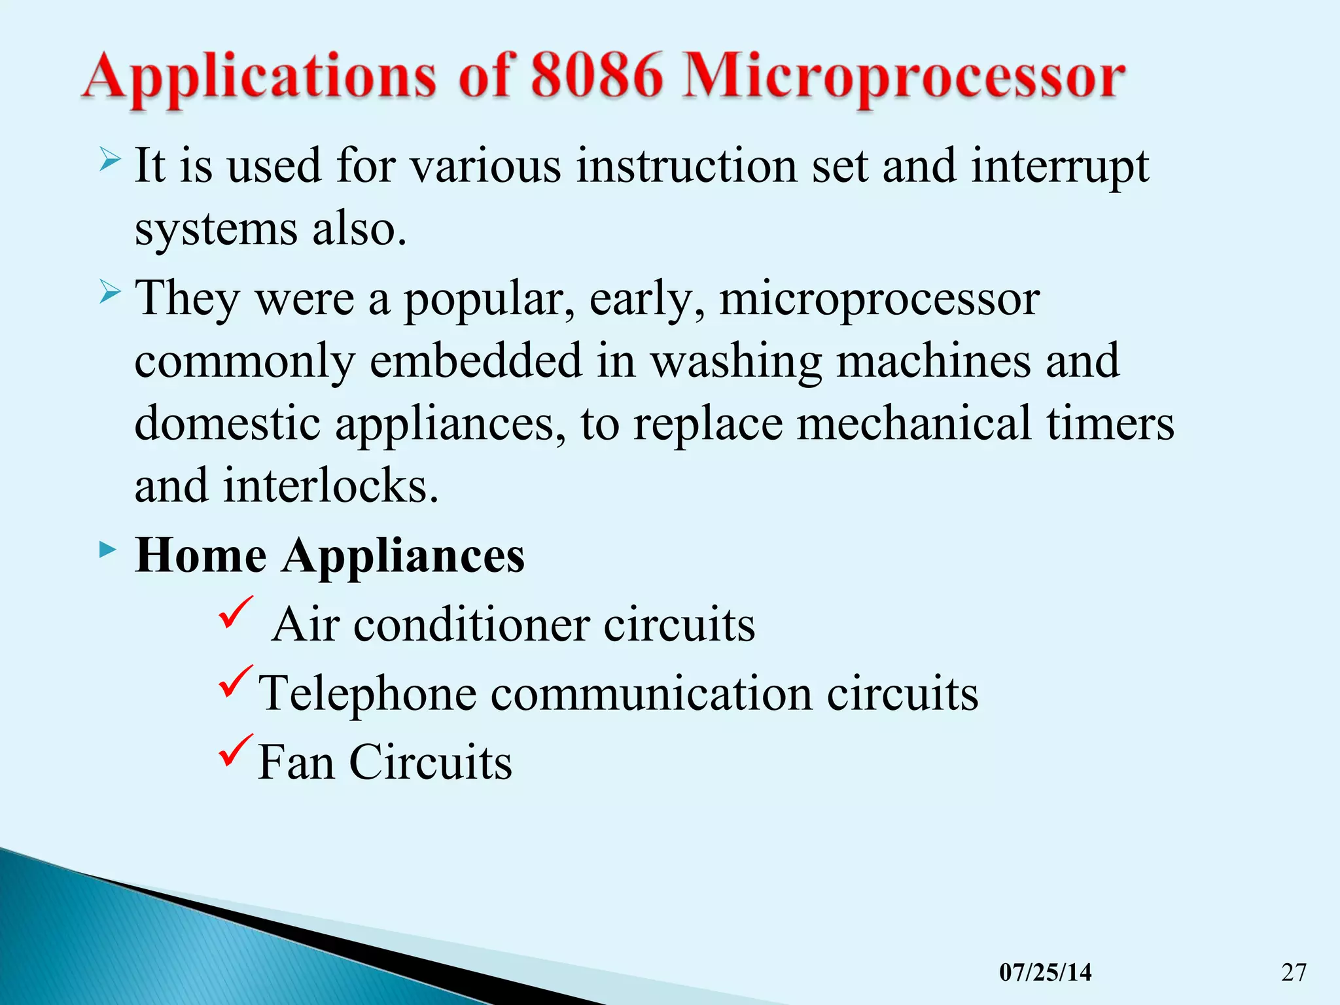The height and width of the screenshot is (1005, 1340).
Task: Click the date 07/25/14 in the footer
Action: pyautogui.click(x=1045, y=972)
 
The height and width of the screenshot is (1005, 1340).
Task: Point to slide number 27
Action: pyautogui.click(x=1294, y=972)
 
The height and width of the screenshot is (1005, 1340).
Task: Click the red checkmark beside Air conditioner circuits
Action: pyautogui.click(x=236, y=612)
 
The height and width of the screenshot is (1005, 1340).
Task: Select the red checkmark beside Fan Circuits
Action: pyautogui.click(x=236, y=750)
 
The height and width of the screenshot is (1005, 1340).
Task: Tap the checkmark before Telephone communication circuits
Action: pyautogui.click(x=236, y=681)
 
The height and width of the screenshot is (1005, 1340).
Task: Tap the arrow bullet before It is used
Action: pyautogui.click(x=110, y=160)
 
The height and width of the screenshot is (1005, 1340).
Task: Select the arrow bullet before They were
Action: pyautogui.click(x=110, y=291)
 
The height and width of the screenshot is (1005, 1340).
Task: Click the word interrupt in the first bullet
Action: pyautogui.click(x=1059, y=166)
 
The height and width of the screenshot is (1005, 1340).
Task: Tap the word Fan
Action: pyautogui.click(x=296, y=762)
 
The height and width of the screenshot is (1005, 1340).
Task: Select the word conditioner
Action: pyautogui.click(x=472, y=625)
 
